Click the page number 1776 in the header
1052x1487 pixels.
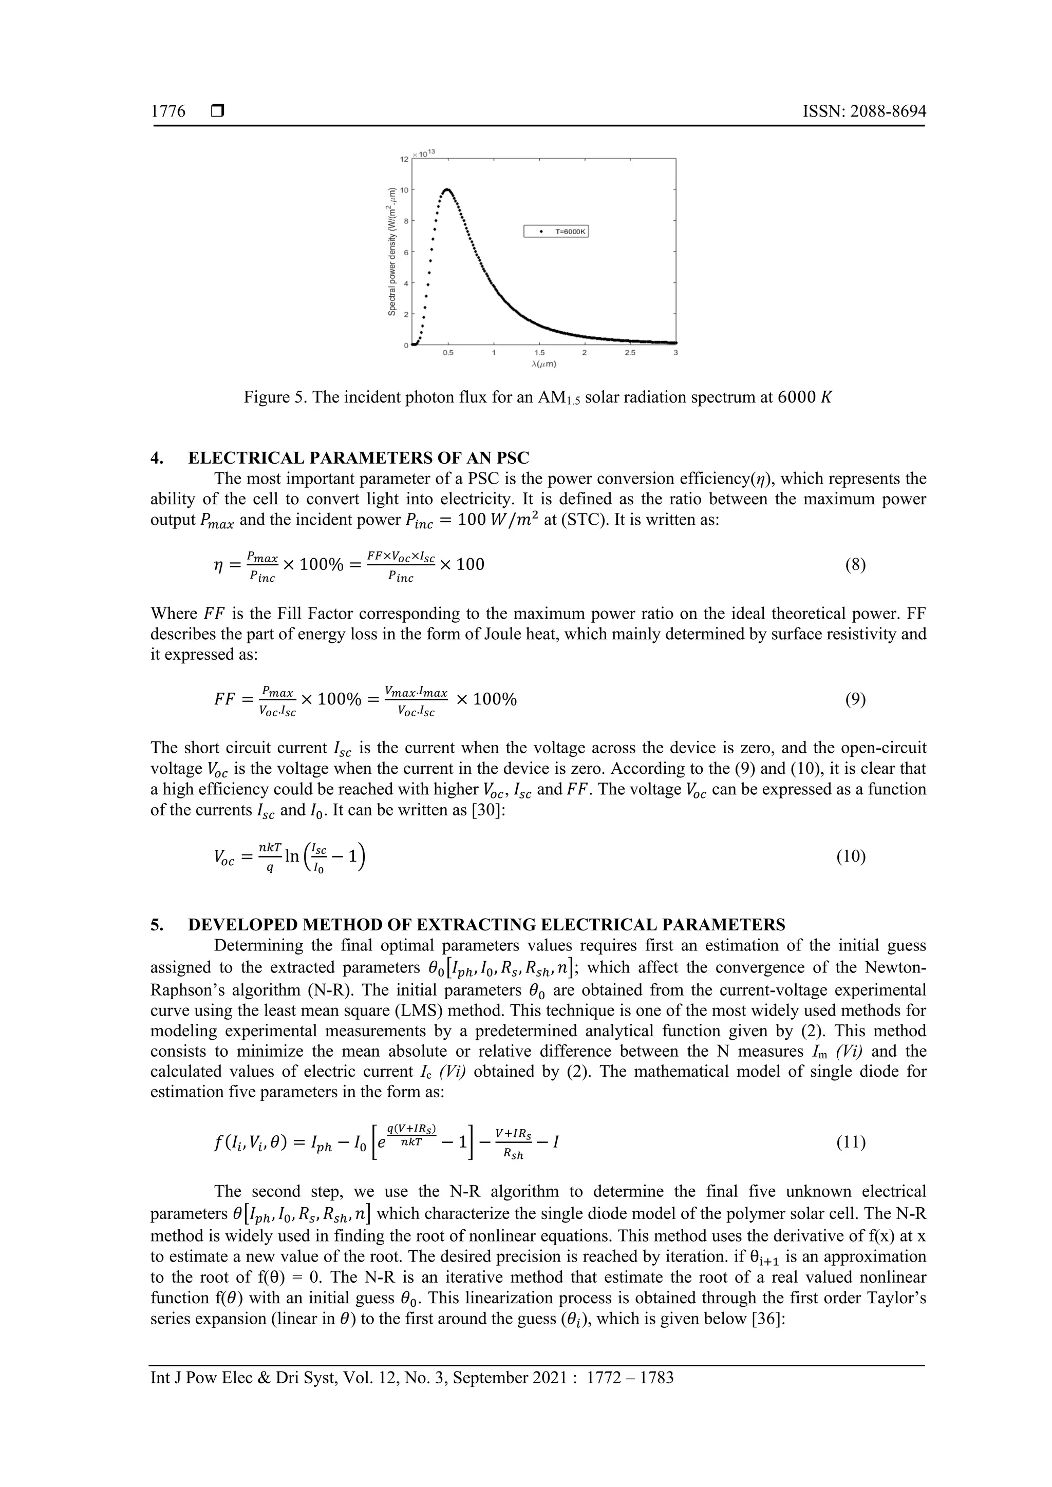click(168, 112)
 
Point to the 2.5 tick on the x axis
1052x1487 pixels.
click(630, 353)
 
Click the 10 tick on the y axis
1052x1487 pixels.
click(404, 190)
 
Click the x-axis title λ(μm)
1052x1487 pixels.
click(543, 364)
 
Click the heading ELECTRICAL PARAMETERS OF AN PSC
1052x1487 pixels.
click(358, 458)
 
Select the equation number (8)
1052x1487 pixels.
click(855, 565)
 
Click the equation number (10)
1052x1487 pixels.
click(851, 857)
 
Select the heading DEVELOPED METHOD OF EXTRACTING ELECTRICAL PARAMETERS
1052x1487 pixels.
click(486, 924)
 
